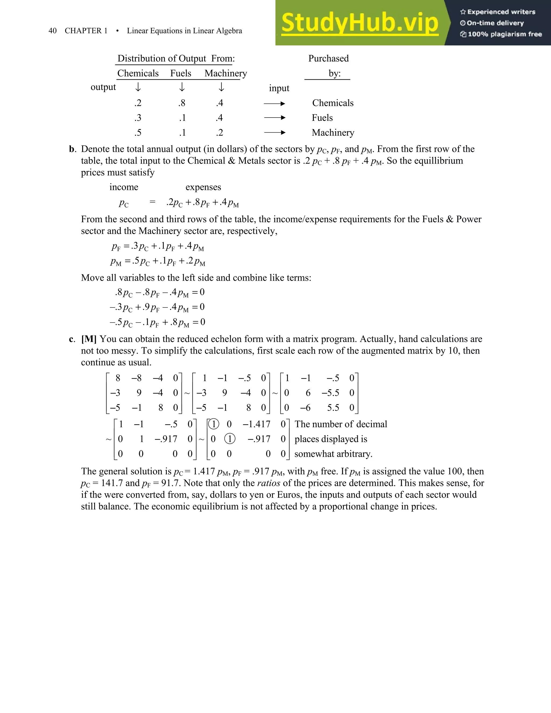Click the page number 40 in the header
[x=52, y=31]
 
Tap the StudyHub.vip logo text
[x=359, y=23]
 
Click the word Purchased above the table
[x=329, y=58]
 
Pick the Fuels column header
[x=181, y=73]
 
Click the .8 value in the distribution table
[x=182, y=103]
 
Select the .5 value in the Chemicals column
[x=138, y=133]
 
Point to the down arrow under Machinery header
[x=221, y=87]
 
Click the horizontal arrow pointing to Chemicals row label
[x=274, y=104]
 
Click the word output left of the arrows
[x=103, y=87]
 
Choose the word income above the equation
[x=124, y=187]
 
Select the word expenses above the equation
[x=203, y=187]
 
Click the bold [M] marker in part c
[x=89, y=339]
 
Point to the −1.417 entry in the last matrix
[x=257, y=424]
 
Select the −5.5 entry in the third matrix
[x=330, y=393]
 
